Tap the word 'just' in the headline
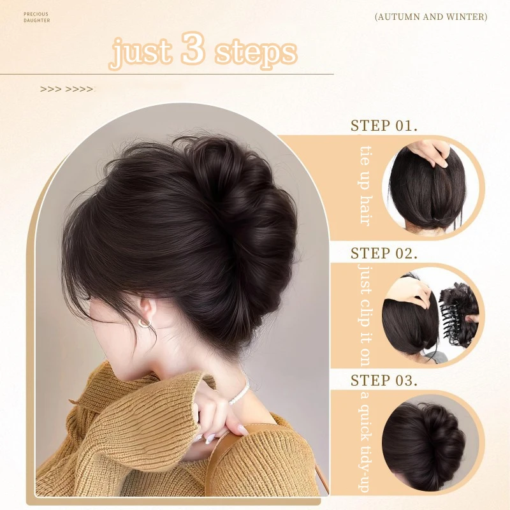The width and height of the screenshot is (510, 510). [142, 53]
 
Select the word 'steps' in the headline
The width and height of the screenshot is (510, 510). [256, 54]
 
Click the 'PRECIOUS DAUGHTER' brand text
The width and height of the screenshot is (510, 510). [36, 17]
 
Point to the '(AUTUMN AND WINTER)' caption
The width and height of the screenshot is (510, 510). [431, 17]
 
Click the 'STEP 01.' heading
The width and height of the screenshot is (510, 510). [384, 125]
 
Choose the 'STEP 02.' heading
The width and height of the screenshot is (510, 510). [384, 252]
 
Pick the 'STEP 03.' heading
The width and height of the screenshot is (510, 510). [384, 381]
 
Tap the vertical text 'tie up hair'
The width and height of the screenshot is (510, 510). [364, 185]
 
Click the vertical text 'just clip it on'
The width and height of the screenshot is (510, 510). [364, 312]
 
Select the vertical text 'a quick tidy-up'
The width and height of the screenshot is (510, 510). [364, 443]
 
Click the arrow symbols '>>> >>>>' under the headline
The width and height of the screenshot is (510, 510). [66, 89]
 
